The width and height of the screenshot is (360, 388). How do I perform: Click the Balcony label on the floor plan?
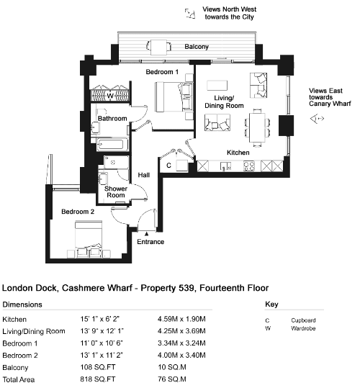coord(197,47)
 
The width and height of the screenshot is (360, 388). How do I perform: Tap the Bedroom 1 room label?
coord(162,72)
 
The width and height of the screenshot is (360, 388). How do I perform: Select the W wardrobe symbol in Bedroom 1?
coord(110,95)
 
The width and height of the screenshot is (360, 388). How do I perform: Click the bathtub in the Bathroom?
coord(112,144)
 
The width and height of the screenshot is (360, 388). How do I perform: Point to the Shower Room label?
coord(116,191)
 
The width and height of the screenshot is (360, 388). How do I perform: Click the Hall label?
coord(144,175)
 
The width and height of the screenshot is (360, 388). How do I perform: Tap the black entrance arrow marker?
coord(146,233)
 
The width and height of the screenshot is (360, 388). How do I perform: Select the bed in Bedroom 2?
coord(89,238)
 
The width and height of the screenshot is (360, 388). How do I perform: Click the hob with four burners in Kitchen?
coord(249,166)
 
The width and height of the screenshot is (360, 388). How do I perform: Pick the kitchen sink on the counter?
coord(225,166)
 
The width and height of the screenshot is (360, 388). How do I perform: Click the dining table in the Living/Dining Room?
coord(257,127)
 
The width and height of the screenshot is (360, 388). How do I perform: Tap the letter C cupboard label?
coord(168,166)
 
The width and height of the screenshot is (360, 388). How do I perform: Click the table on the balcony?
coord(159,47)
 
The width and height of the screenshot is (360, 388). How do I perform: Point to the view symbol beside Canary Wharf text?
coord(317,119)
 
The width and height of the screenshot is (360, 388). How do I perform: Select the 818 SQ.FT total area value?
coord(98,379)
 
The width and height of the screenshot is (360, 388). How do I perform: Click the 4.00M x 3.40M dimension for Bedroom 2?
coord(181,355)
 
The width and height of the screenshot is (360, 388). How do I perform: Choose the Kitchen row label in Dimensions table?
coord(14,319)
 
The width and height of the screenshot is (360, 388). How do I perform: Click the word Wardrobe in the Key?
coord(303,328)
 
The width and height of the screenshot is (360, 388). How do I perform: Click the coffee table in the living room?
coord(217,86)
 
